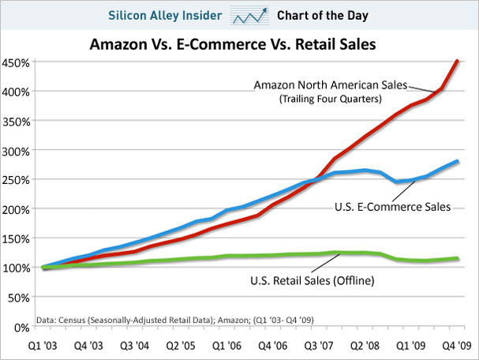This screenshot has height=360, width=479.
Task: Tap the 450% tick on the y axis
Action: click(16, 62)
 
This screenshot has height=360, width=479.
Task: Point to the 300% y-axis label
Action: click(16, 150)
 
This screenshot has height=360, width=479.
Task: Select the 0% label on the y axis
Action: click(21, 326)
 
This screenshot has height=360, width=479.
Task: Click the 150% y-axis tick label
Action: click(16, 238)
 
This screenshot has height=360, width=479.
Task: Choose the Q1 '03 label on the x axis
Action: click(42, 346)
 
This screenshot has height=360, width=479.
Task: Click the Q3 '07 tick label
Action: click(319, 346)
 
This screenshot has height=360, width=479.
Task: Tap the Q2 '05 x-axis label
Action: click(180, 346)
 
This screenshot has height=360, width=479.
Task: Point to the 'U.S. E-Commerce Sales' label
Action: click(392, 208)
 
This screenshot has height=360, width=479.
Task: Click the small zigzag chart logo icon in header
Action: click(250, 15)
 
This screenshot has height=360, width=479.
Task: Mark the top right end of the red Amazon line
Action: click(458, 61)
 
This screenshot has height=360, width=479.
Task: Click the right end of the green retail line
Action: click(458, 258)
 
